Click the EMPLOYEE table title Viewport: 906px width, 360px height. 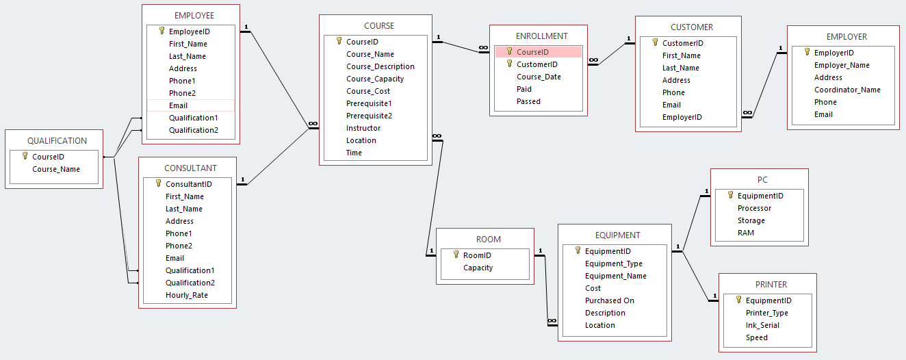[194, 15]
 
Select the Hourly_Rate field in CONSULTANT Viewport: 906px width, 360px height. [186, 295]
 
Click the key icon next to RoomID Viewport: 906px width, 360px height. [456, 255]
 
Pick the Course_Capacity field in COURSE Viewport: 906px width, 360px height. [375, 79]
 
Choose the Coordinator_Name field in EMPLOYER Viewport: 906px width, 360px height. [847, 90]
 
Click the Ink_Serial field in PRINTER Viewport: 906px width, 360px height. [762, 325]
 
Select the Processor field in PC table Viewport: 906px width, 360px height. [754, 208]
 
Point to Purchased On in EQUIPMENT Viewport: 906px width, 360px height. [609, 300]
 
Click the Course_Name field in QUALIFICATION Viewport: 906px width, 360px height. [56, 169]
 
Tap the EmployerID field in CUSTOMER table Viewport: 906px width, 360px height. [682, 117]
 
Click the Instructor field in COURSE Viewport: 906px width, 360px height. [363, 128]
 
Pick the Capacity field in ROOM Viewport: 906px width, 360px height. [478, 268]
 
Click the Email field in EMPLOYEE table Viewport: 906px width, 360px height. [178, 105]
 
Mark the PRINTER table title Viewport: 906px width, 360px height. [771, 284]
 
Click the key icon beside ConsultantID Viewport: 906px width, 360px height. [158, 183]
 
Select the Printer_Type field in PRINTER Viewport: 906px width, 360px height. [766, 313]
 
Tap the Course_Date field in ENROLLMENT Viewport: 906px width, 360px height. [539, 77]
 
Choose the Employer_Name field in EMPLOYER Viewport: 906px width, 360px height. [842, 65]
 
